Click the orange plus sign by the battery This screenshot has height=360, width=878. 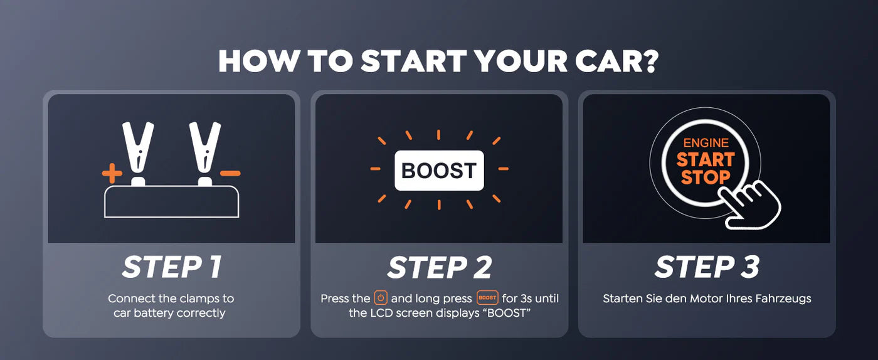pyautogui.click(x=112, y=173)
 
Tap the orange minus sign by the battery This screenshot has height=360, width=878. pyautogui.click(x=230, y=173)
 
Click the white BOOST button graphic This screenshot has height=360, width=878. pyautogui.click(x=439, y=171)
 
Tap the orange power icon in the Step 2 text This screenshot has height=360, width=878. pyautogui.click(x=381, y=298)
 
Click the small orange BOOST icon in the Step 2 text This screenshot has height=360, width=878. pyautogui.click(x=487, y=298)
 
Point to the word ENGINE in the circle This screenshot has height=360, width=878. pyautogui.click(x=706, y=143)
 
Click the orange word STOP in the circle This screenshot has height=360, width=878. pyautogui.click(x=706, y=177)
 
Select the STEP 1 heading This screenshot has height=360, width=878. pyautogui.click(x=172, y=267)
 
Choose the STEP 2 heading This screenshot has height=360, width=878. pyautogui.click(x=440, y=267)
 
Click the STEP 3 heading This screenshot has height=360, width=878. pyautogui.click(x=707, y=267)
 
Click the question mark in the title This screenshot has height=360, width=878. pyautogui.click(x=650, y=61)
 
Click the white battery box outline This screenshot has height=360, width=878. pyautogui.click(x=171, y=186)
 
